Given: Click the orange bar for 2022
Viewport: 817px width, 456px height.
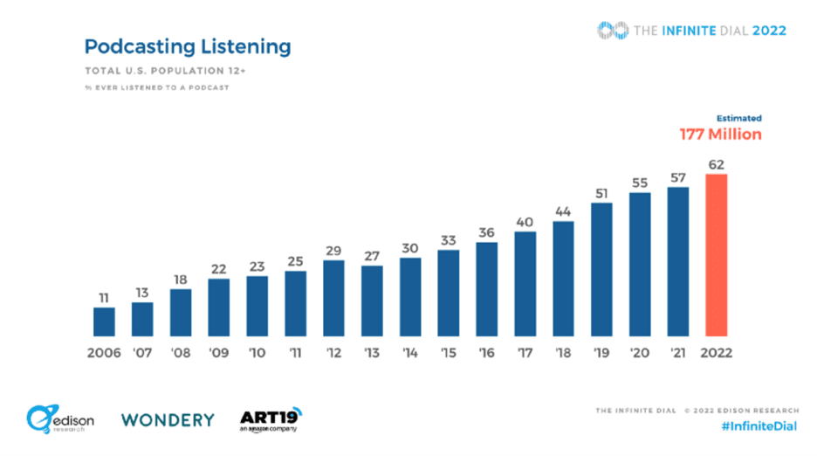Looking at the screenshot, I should (717, 254).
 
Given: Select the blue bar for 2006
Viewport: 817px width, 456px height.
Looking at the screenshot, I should (104, 321).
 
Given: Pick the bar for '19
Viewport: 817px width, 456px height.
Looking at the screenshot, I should (601, 268).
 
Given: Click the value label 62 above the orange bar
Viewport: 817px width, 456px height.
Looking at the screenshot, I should (717, 164).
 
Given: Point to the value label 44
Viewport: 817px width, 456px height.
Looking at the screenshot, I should (563, 211).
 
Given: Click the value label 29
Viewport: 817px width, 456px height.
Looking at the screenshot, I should (333, 250).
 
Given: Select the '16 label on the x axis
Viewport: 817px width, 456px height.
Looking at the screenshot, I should (487, 354).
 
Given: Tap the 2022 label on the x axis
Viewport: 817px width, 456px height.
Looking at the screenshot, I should (716, 354).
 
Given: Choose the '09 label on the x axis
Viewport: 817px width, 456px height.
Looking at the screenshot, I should (218, 354).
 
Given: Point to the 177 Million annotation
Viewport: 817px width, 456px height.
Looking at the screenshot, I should (721, 135).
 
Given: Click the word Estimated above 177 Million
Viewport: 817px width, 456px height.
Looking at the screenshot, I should (738, 118).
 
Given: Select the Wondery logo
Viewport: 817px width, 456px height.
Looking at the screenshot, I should (168, 419).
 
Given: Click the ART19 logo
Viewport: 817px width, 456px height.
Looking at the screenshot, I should (270, 418).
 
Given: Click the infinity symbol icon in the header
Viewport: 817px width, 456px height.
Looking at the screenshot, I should (613, 31).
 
